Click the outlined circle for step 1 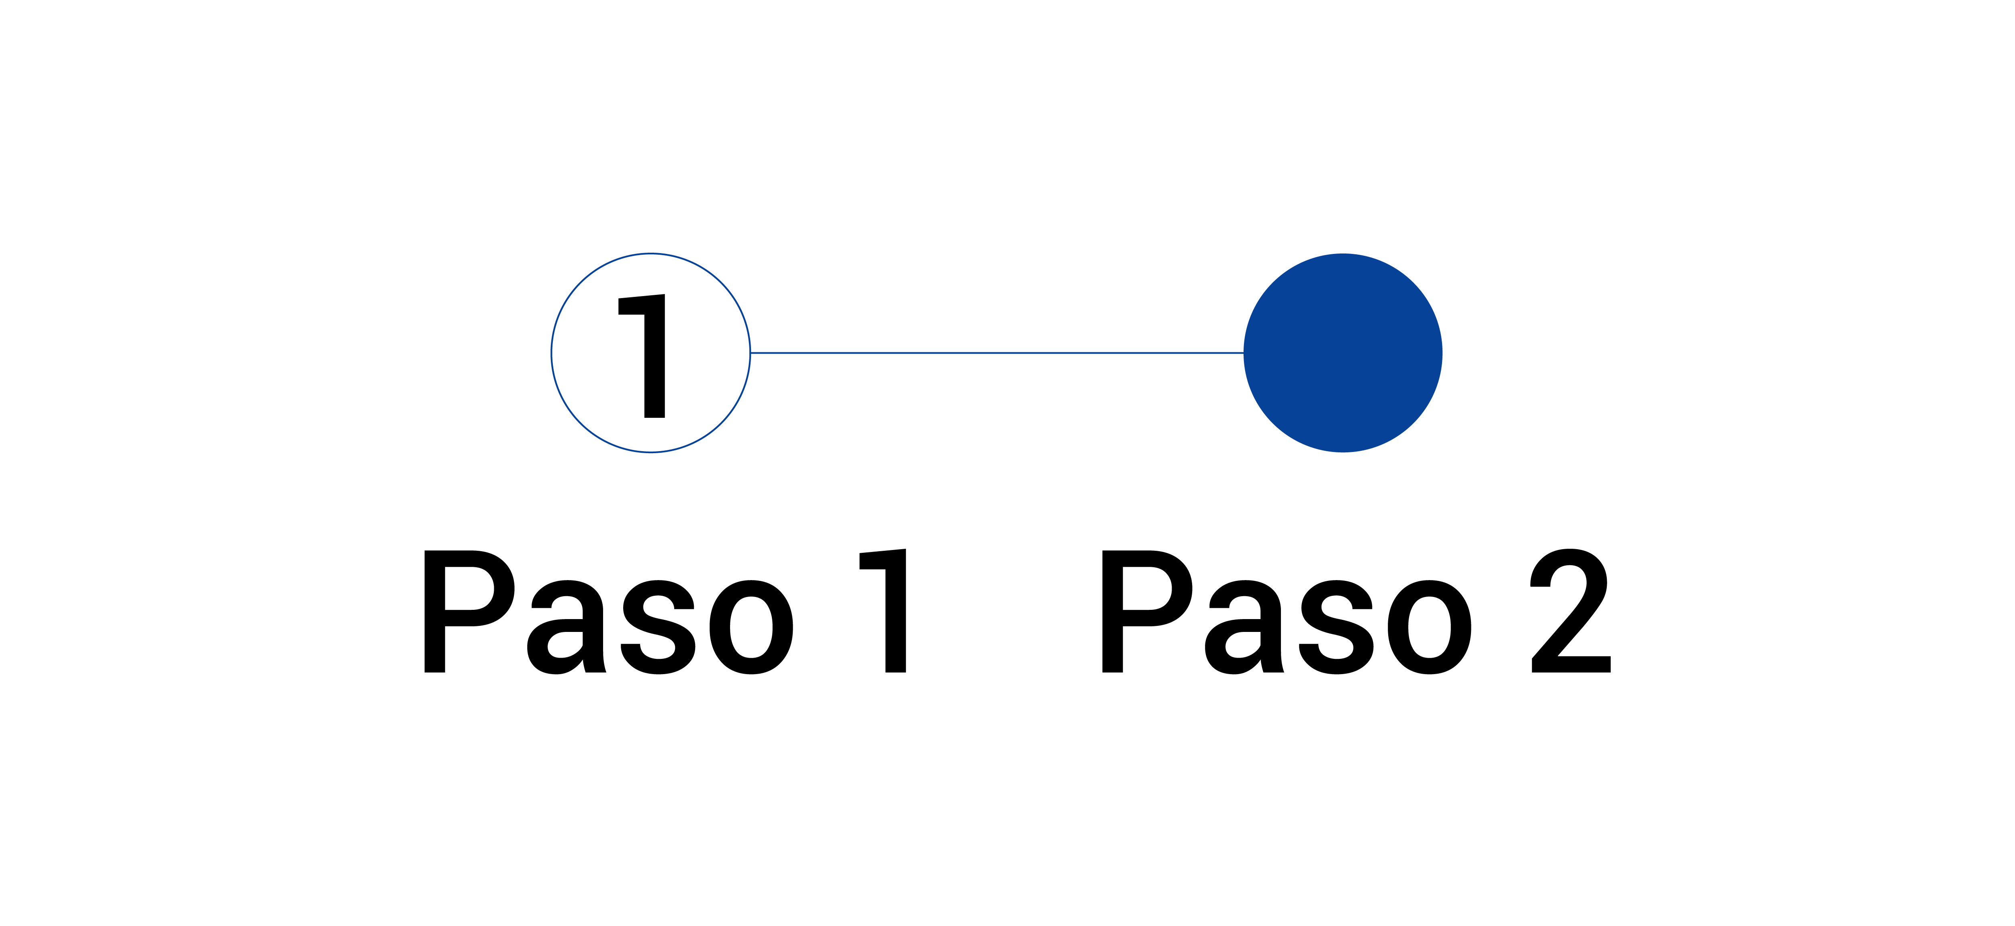(x=552, y=353)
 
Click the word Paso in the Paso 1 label (x=609, y=611)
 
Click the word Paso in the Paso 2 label (x=1287, y=611)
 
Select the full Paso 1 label (x=665, y=611)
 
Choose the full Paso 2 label (x=1356, y=611)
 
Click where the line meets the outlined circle (x=751, y=353)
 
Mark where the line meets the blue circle (x=1244, y=353)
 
